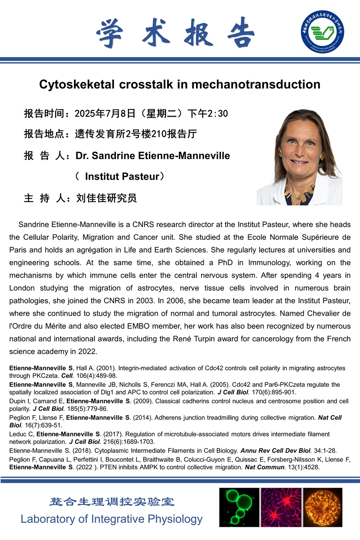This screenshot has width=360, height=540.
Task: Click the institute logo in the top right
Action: coord(322,32)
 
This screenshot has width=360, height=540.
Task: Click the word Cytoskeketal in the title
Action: coord(76,84)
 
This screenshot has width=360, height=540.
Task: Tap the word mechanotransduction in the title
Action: coord(256,84)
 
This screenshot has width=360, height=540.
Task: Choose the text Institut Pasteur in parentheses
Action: coord(122,176)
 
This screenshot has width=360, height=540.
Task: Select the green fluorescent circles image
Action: coord(239,507)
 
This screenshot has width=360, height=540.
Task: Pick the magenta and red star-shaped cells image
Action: coord(281,507)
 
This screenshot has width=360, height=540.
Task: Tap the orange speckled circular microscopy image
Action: coord(323,507)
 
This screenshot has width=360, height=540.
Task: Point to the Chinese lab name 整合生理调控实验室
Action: coord(112,502)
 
